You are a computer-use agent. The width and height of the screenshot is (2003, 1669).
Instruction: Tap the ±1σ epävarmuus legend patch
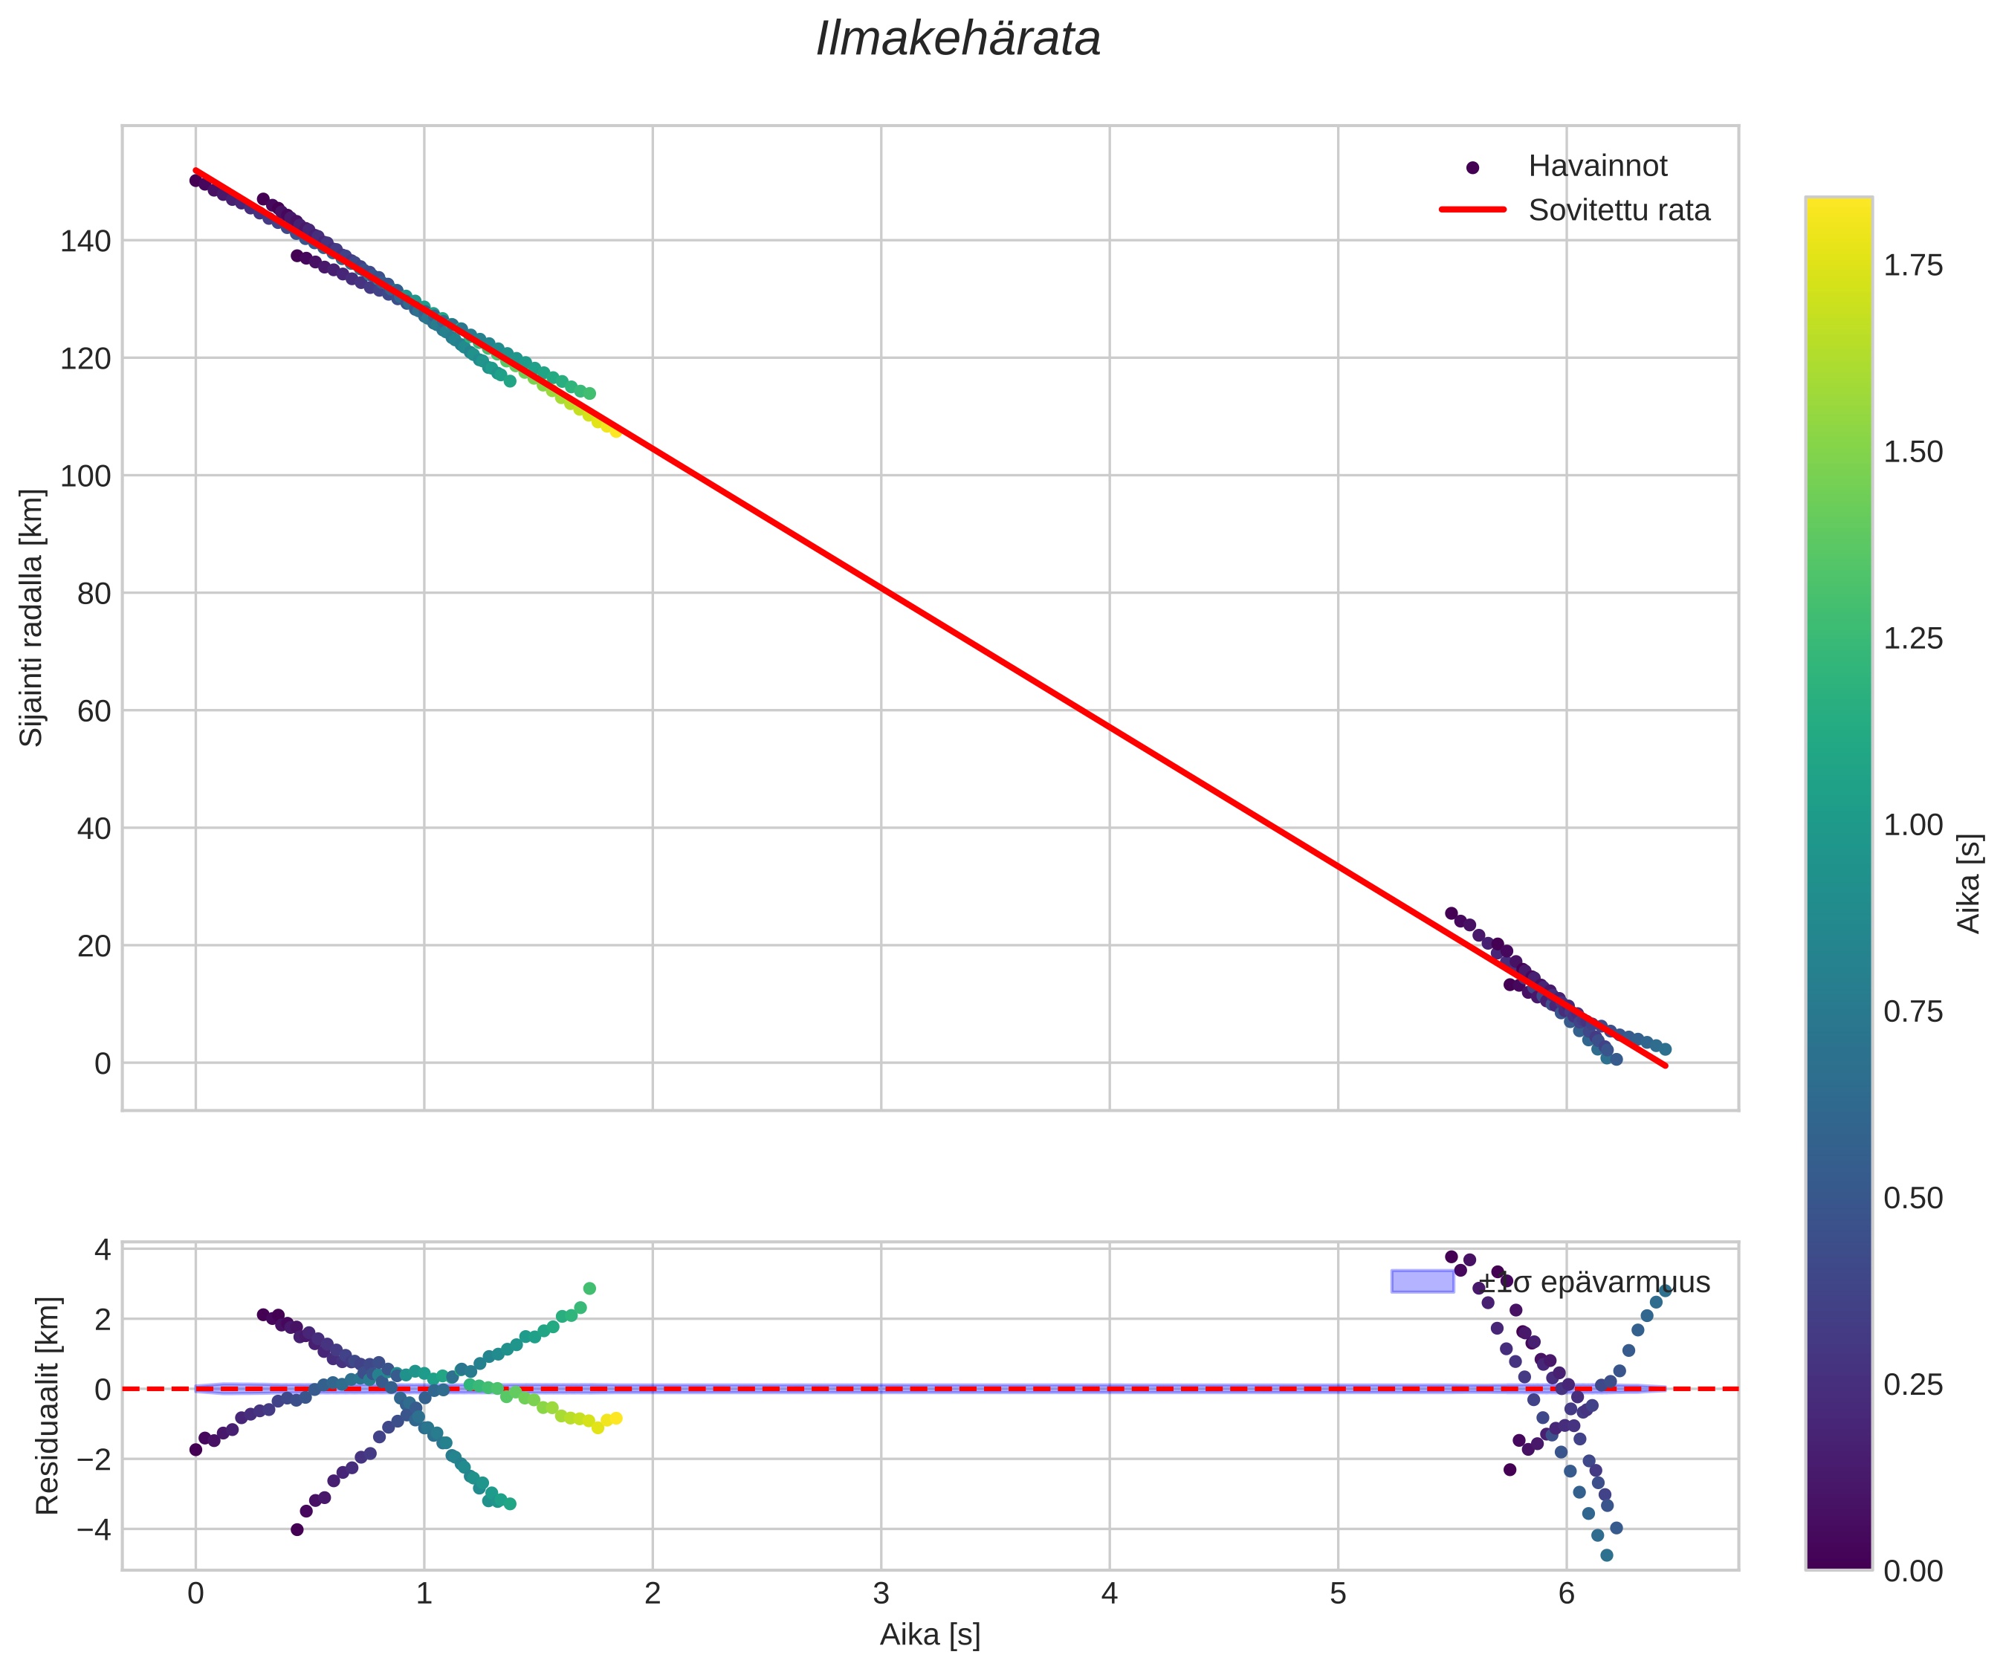point(1422,1282)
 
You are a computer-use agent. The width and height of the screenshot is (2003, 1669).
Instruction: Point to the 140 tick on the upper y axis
point(86,242)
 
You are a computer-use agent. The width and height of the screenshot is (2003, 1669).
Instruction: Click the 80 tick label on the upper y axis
point(94,593)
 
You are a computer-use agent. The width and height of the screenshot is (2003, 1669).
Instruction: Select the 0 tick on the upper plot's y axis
point(103,1063)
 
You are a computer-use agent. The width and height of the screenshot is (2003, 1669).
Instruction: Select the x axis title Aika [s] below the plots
point(929,1635)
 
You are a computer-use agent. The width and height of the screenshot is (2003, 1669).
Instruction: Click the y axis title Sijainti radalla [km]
point(31,618)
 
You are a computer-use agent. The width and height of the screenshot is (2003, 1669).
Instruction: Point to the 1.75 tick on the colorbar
point(1912,265)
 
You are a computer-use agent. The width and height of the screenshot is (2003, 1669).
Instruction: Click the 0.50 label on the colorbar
point(1912,1198)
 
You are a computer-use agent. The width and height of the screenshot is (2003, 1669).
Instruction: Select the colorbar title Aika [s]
point(1970,883)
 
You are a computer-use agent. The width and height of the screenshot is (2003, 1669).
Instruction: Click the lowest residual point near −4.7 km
point(1606,1555)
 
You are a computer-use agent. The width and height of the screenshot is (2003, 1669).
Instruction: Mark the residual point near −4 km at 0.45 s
point(297,1530)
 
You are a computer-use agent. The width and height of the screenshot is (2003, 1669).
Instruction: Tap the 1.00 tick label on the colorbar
point(1912,825)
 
